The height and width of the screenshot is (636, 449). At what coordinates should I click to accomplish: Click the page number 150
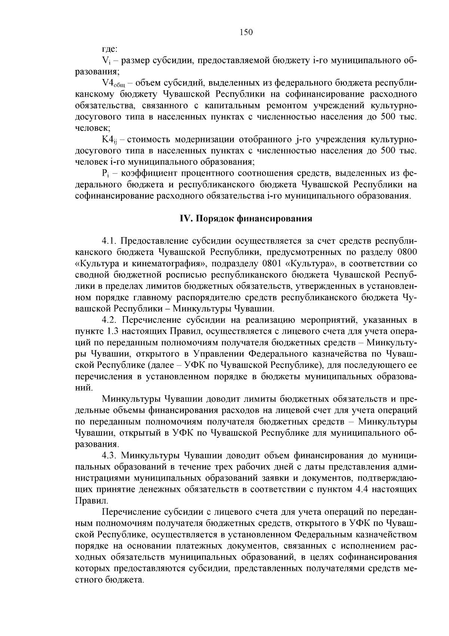246,32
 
